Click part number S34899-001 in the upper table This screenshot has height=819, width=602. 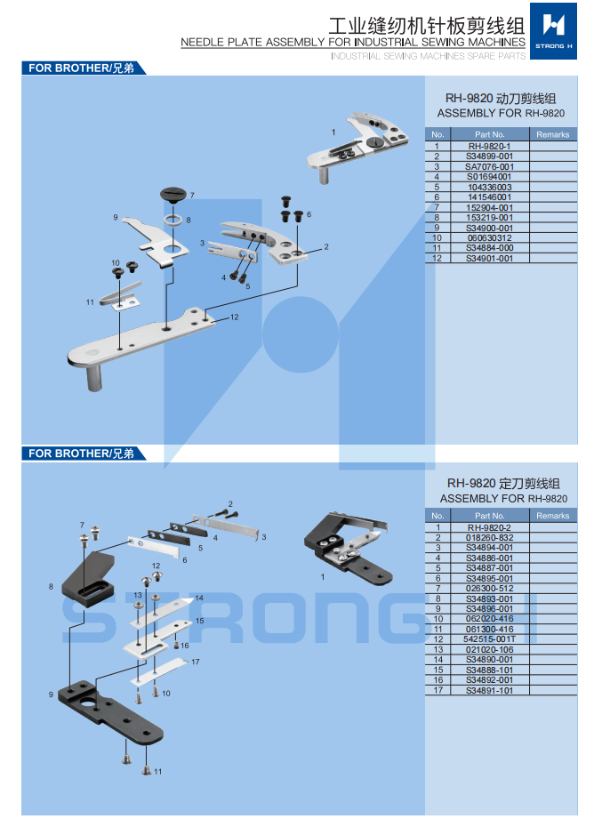tap(489, 156)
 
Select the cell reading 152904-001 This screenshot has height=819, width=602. tap(489, 207)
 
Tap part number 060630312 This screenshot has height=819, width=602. tap(489, 238)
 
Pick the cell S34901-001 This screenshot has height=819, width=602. tap(489, 259)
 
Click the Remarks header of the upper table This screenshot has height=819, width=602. tap(552, 134)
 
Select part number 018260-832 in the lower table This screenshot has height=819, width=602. tap(489, 537)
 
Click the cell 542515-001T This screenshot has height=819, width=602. tap(489, 639)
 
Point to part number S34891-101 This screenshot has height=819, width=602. tap(489, 691)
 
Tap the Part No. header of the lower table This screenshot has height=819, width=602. tap(489, 516)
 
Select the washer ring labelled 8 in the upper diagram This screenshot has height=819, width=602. tap(173, 219)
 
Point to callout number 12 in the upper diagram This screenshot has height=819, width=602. tap(234, 317)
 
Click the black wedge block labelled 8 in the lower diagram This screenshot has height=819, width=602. tap(92, 579)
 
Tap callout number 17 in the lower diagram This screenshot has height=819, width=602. tap(195, 662)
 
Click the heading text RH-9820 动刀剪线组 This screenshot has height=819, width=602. tap(501, 99)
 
